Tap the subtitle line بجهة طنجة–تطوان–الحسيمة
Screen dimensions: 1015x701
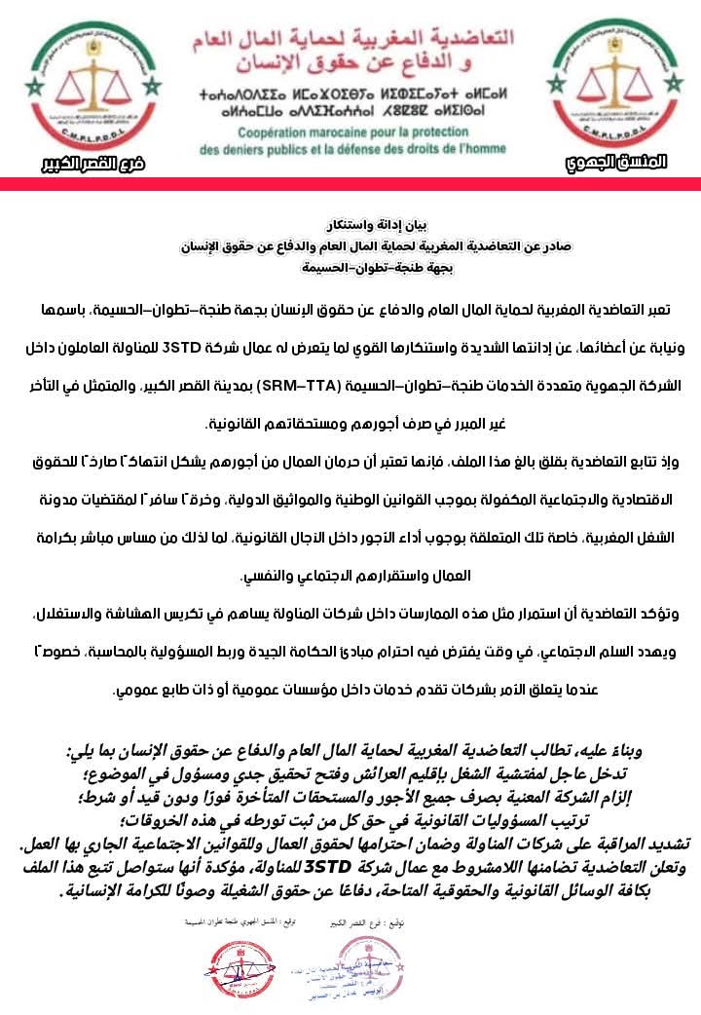point(350,266)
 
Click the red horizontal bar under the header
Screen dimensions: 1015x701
point(350,184)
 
